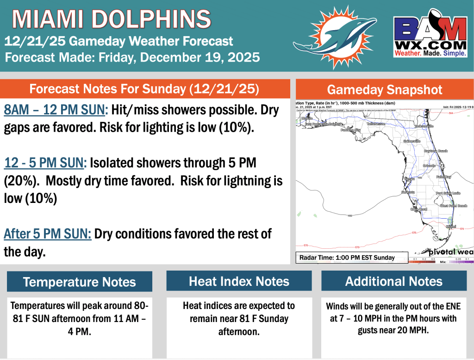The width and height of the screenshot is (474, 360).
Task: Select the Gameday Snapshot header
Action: (384, 90)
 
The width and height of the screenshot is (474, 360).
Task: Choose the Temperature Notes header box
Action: (79, 282)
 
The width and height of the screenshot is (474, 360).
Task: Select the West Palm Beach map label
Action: (453, 205)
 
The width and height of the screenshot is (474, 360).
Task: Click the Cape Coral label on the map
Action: (418, 209)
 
